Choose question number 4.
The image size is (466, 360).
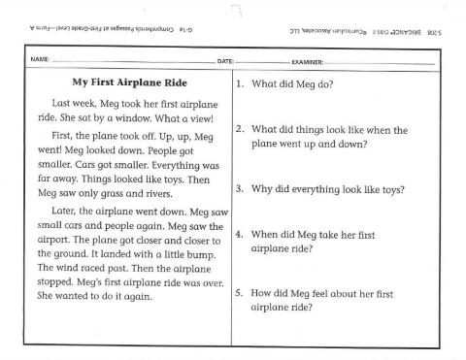point(239,235)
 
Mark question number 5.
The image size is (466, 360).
point(239,294)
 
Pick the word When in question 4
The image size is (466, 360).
point(266,235)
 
